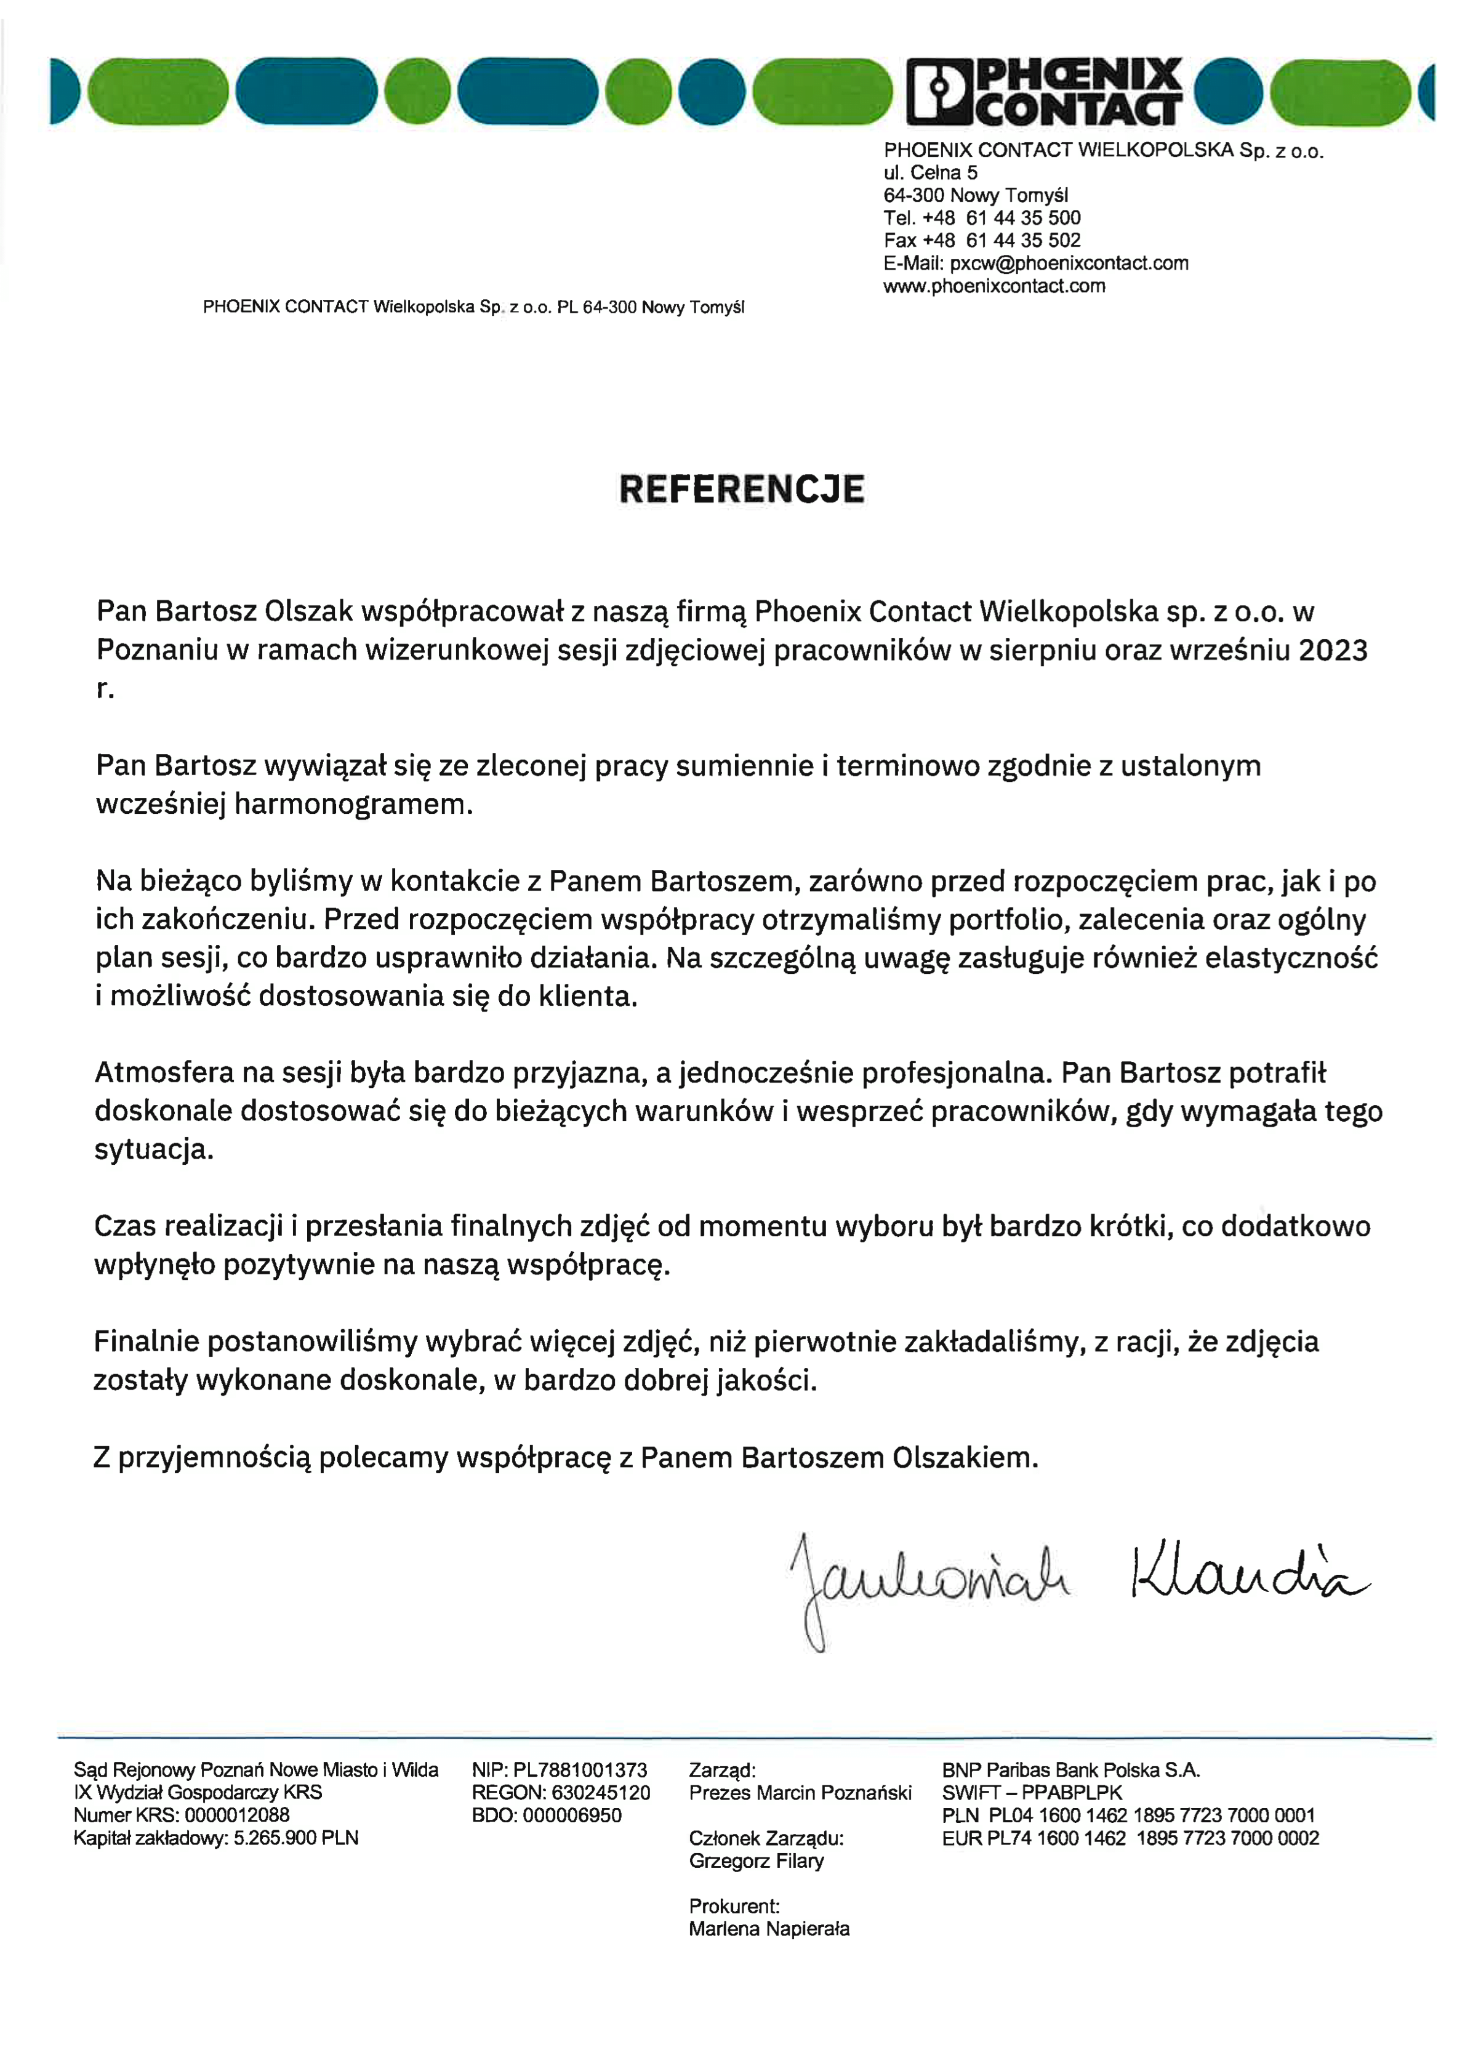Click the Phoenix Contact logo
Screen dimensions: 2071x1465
[1044, 91]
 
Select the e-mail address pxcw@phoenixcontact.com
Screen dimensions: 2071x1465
[1069, 263]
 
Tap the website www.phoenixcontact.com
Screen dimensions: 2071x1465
[994, 286]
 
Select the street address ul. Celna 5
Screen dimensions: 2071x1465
[930, 172]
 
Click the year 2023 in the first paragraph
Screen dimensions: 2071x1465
[1333, 650]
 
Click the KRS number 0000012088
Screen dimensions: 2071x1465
[236, 1815]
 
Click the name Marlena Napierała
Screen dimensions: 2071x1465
[769, 1929]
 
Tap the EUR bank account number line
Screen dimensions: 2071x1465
[1130, 1838]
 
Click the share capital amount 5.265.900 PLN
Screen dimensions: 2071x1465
[296, 1838]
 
